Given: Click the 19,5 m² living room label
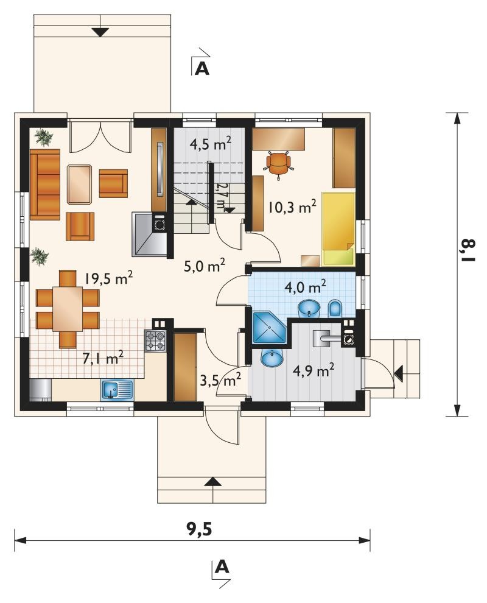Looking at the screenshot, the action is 109,277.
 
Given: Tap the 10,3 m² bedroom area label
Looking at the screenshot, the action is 293,207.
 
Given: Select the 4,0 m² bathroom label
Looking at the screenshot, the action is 306,286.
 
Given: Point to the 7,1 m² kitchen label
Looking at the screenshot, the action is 103,358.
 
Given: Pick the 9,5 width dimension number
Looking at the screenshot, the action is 200,529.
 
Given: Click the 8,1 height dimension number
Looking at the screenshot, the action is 468,250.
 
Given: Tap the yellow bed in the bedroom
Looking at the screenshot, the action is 338,229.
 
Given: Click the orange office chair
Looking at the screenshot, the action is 279,164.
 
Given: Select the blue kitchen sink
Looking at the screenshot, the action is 117,390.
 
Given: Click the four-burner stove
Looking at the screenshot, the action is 156,340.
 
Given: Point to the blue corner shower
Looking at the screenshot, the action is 269,327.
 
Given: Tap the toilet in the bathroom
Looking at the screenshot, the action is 335,309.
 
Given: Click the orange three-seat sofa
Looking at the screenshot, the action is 45,185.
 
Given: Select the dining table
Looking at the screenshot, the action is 68,309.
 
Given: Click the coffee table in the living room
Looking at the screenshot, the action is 80,184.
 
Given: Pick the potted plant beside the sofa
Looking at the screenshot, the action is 43,137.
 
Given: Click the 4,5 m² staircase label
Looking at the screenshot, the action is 211,145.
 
